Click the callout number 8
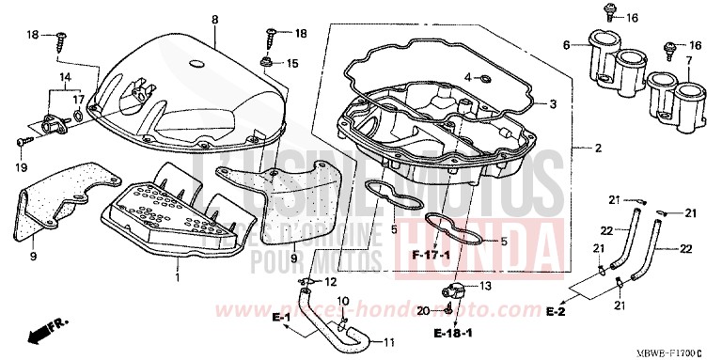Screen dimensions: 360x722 [214, 20]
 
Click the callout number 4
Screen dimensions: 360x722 [466, 77]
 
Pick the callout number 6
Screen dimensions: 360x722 [566, 45]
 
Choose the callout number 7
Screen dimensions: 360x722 [688, 59]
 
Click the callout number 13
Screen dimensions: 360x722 [485, 286]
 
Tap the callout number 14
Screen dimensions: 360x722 [65, 76]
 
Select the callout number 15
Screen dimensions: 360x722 [292, 63]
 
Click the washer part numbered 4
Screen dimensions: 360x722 [483, 78]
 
